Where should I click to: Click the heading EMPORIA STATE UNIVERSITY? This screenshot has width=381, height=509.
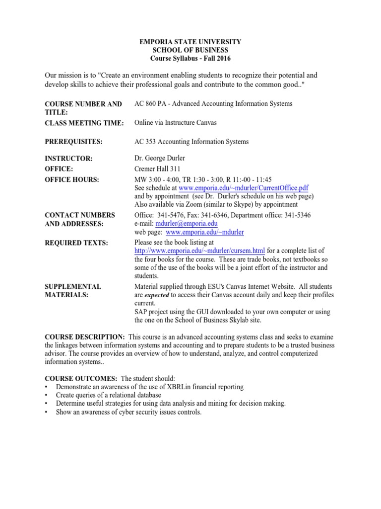click(x=190, y=42)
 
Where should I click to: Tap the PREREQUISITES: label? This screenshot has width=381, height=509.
click(x=73, y=142)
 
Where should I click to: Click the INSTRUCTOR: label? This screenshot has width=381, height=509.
click(x=68, y=159)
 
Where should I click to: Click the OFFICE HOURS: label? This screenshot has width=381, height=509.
click(x=72, y=179)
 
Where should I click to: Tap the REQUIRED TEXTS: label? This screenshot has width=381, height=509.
click(x=76, y=243)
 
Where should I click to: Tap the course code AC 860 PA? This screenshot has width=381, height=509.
click(x=151, y=104)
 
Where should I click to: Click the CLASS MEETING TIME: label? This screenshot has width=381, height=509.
click(x=84, y=123)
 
